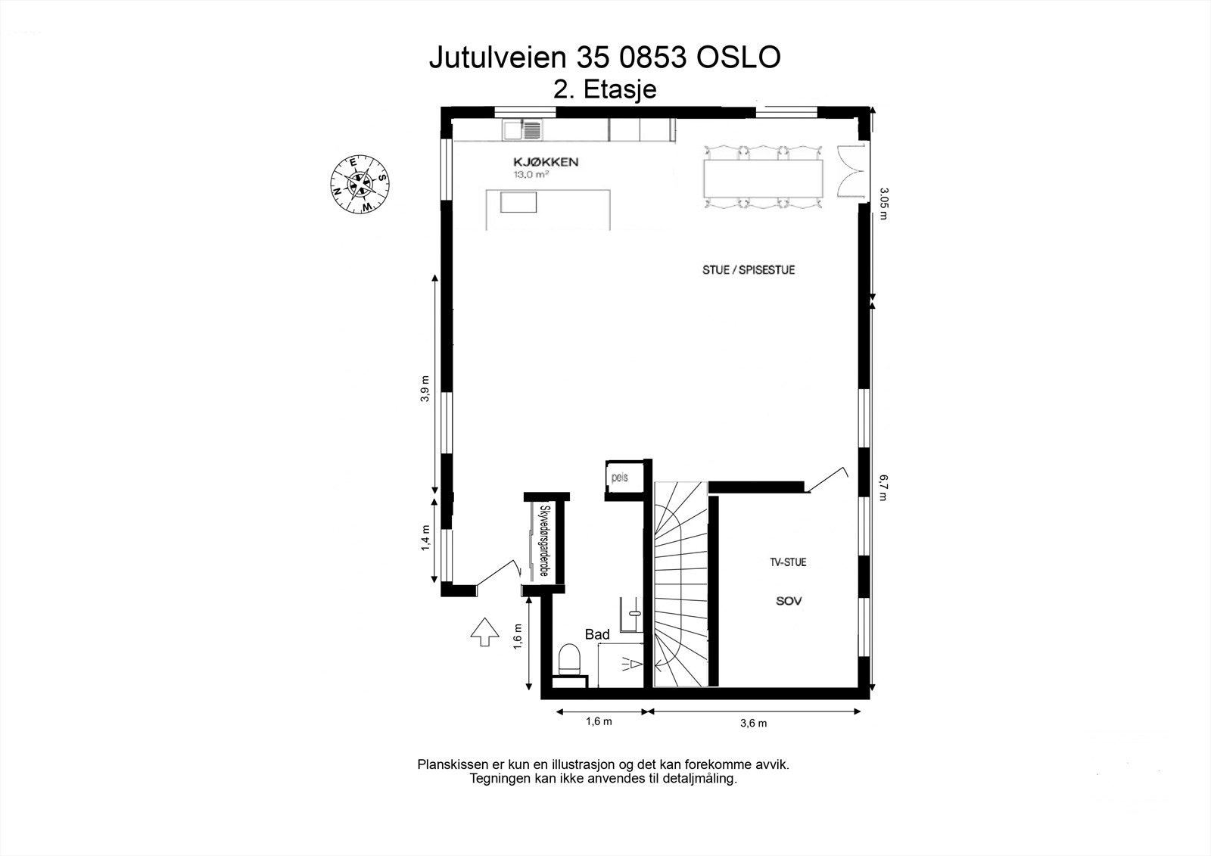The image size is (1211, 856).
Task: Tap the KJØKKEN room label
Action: click(x=546, y=162)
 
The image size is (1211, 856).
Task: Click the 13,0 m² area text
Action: click(x=531, y=174)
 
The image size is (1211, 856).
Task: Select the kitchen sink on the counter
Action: click(x=521, y=130)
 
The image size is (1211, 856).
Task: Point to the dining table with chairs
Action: click(x=763, y=177)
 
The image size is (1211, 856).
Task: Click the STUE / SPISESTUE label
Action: click(x=748, y=270)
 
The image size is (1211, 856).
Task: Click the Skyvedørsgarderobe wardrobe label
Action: click(x=543, y=541)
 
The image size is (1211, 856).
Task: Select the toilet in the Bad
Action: click(x=569, y=658)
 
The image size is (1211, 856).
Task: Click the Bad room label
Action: click(x=597, y=635)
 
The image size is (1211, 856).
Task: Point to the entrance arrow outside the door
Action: click(x=484, y=631)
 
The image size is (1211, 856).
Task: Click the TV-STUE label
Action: click(x=788, y=562)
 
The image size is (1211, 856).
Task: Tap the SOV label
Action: click(x=788, y=602)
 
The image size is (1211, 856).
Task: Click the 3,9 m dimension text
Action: click(x=425, y=389)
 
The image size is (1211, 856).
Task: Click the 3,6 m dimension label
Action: click(x=753, y=723)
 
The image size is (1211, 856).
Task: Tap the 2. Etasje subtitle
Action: click(x=605, y=89)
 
